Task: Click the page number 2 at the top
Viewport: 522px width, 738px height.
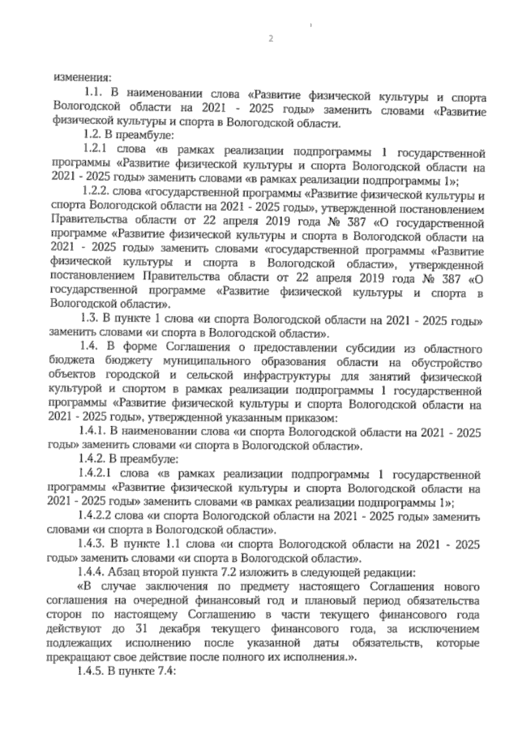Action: click(x=271, y=39)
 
